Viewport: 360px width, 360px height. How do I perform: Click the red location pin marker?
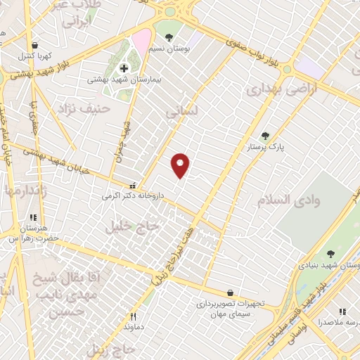181,165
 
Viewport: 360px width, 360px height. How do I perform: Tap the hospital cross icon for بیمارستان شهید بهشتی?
124,68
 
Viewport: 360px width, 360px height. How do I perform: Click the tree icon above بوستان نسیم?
168,35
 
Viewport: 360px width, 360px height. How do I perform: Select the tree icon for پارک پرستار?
265,136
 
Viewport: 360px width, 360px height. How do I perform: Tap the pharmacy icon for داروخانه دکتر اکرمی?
131,186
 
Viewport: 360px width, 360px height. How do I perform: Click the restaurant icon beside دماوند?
133,317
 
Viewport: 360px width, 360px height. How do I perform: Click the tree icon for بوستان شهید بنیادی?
331,254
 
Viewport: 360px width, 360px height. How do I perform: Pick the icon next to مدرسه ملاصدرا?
342,311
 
